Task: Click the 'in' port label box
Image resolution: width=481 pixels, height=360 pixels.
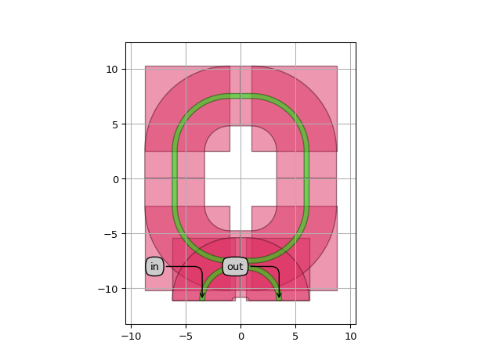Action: tap(154, 267)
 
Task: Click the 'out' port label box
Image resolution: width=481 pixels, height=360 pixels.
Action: tap(235, 267)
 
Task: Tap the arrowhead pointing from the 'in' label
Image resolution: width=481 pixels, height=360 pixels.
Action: tap(202, 295)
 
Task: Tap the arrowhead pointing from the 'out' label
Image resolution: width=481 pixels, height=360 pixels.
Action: tap(279, 295)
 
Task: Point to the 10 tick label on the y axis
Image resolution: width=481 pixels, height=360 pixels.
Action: tap(112, 70)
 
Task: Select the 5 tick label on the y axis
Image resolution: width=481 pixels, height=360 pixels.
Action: tap(114, 124)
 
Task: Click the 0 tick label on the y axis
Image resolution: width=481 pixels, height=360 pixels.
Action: tap(115, 179)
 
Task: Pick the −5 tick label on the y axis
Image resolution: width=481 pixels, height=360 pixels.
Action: tap(110, 234)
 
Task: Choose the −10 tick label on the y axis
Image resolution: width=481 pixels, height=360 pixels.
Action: tap(107, 289)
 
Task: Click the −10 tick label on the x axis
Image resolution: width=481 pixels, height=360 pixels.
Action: tap(132, 337)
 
